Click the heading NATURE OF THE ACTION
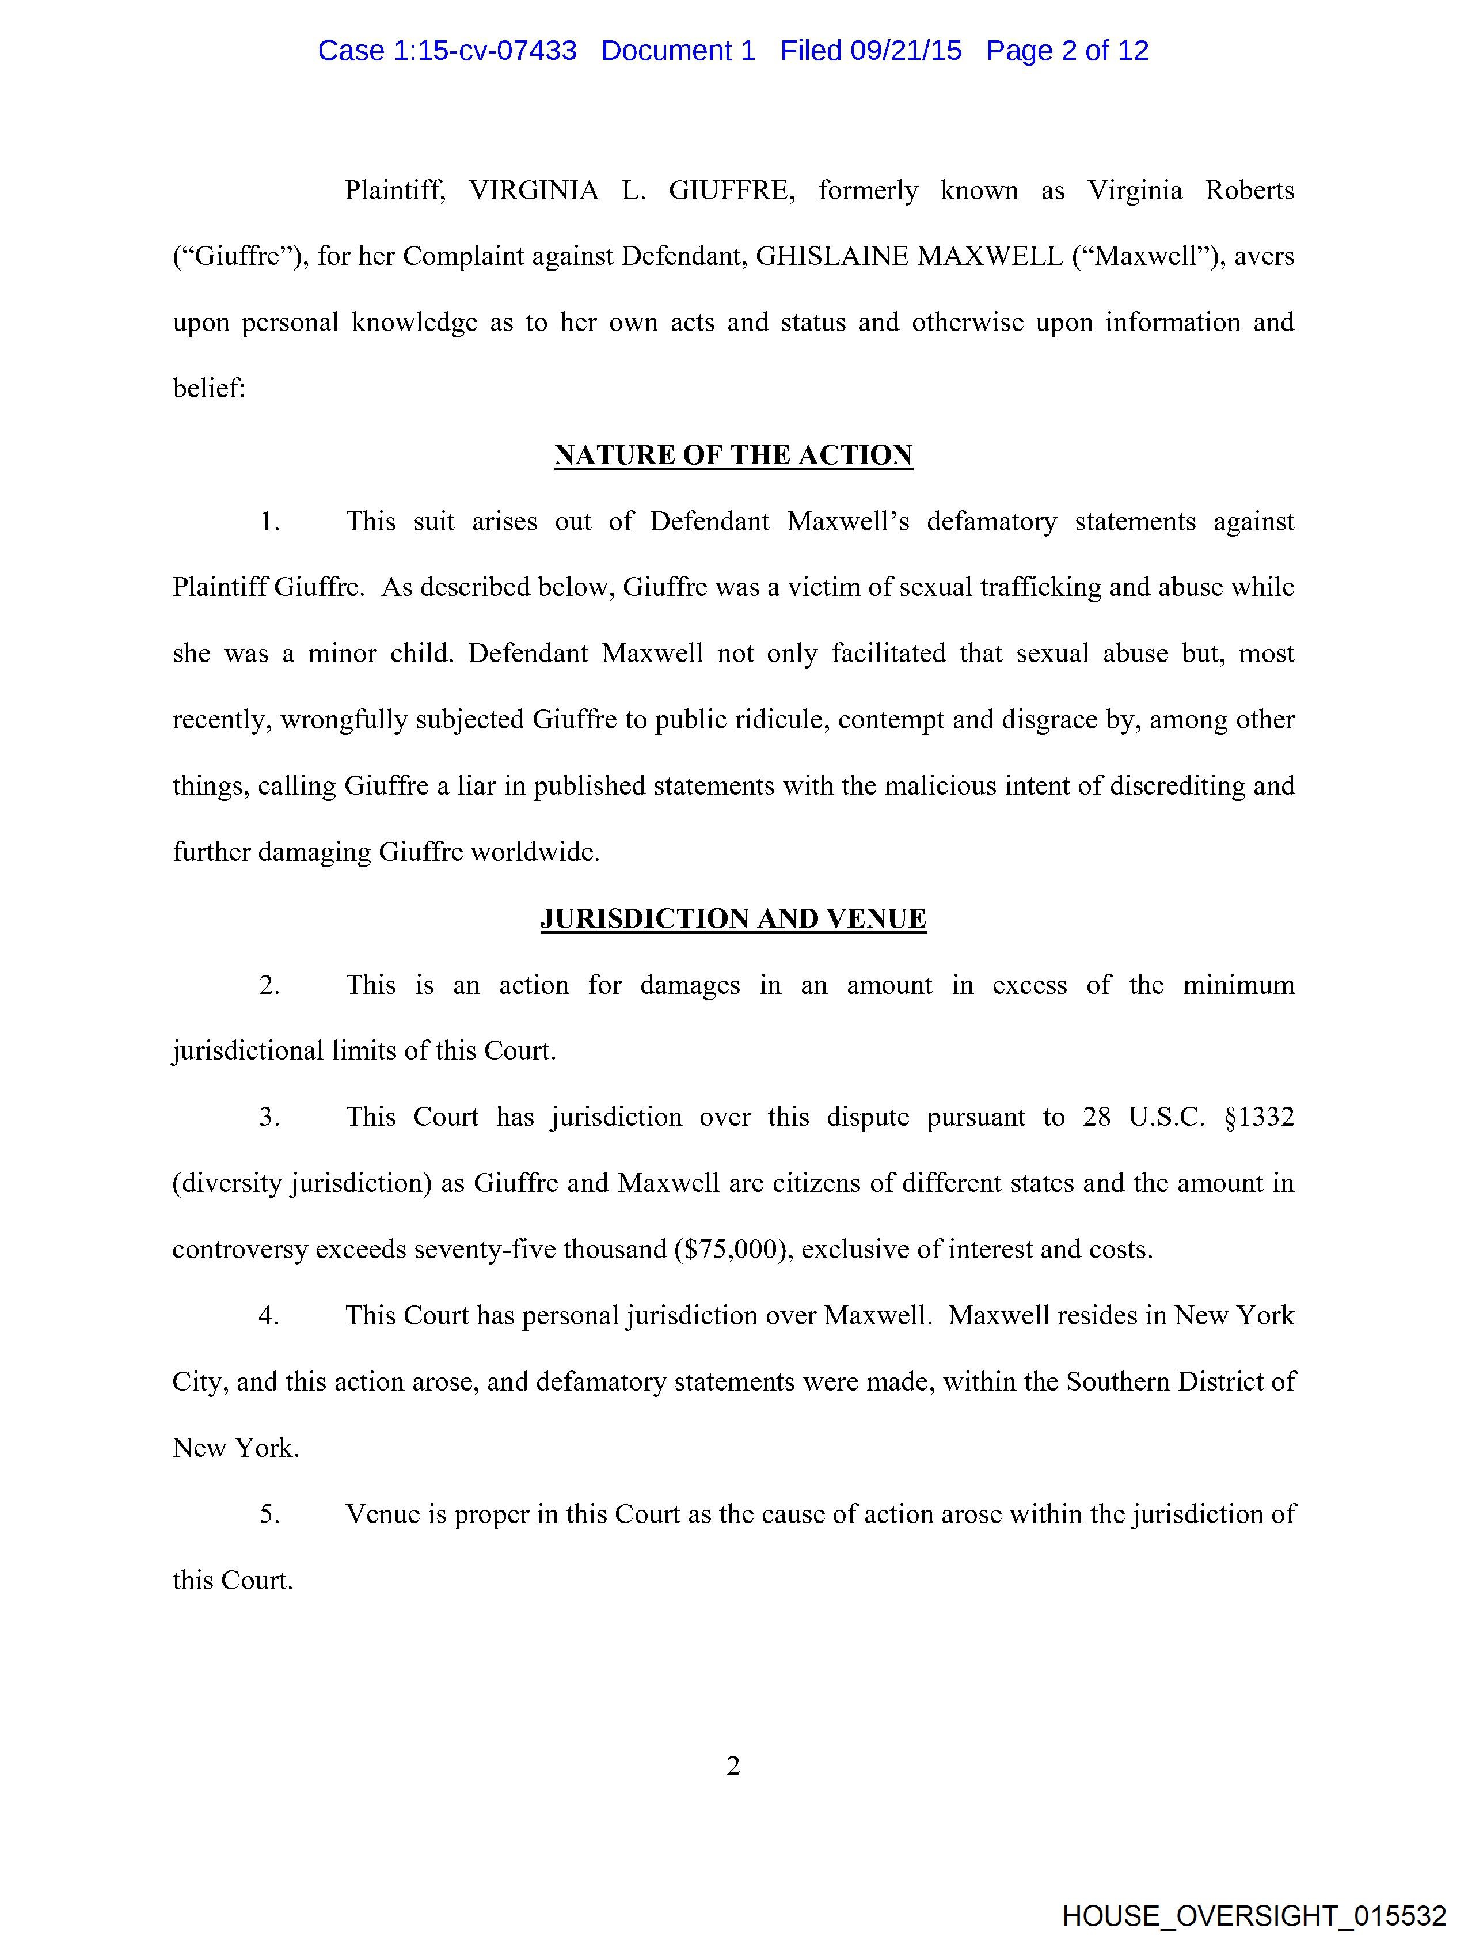click(x=733, y=455)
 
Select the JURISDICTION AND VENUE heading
click(x=733, y=918)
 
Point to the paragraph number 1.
click(x=268, y=522)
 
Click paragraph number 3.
click(x=268, y=1117)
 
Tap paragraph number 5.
click(x=268, y=1514)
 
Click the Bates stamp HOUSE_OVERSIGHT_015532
click(x=1254, y=1915)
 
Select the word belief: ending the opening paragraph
click(x=209, y=389)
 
